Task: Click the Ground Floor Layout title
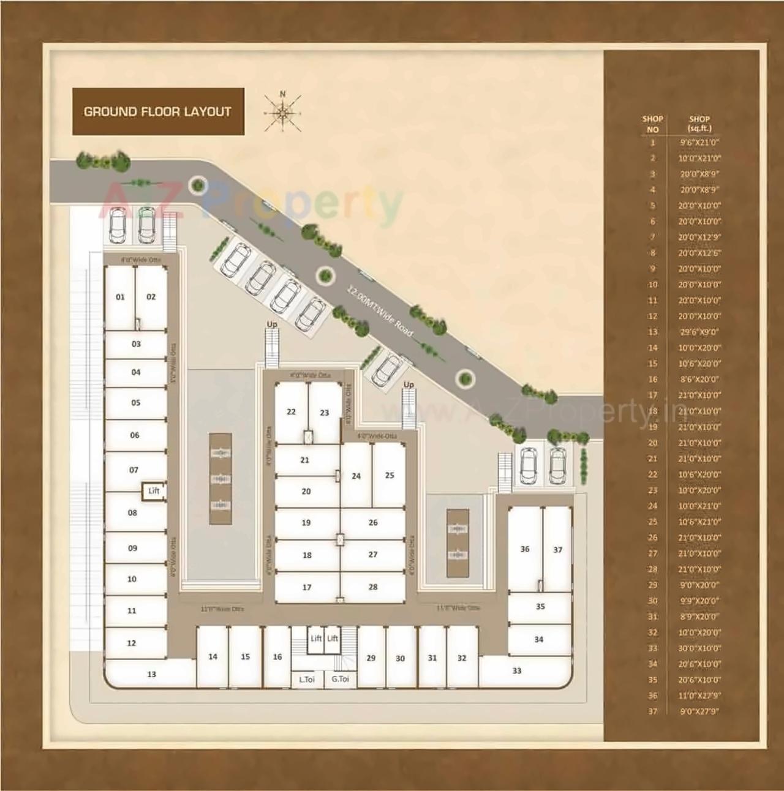[x=157, y=111]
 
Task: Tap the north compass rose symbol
[x=282, y=112]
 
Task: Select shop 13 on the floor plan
[x=151, y=674]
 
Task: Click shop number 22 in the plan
[x=291, y=412]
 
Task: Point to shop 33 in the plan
[x=517, y=671]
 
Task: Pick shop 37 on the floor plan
[x=557, y=550]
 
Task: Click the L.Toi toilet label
[x=307, y=679]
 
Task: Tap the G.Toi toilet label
[x=340, y=679]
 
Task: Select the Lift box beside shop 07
[x=154, y=491]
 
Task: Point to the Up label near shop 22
[x=272, y=324]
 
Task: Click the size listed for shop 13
[x=699, y=332]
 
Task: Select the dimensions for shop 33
[x=699, y=648]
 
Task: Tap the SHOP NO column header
[x=652, y=124]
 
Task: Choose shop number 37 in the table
[x=652, y=711]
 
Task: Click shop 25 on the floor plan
[x=390, y=475]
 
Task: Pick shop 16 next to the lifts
[x=277, y=657]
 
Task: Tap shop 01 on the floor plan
[x=120, y=297]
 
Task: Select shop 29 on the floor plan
[x=371, y=658]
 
